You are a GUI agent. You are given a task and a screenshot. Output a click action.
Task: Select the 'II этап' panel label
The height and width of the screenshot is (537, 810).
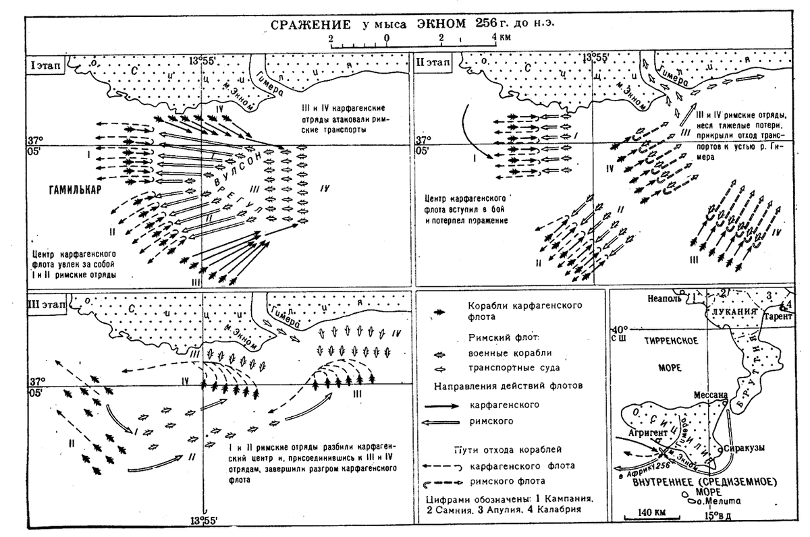[434, 65]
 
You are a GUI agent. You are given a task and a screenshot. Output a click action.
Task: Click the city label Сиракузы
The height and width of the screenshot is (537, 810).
[745, 448]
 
